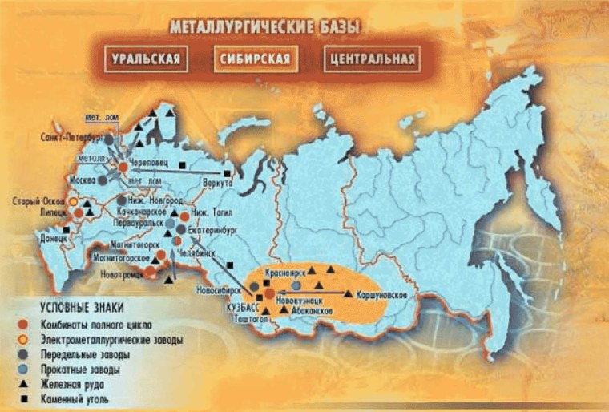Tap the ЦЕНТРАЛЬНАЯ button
[371, 59]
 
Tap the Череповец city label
[149, 161]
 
